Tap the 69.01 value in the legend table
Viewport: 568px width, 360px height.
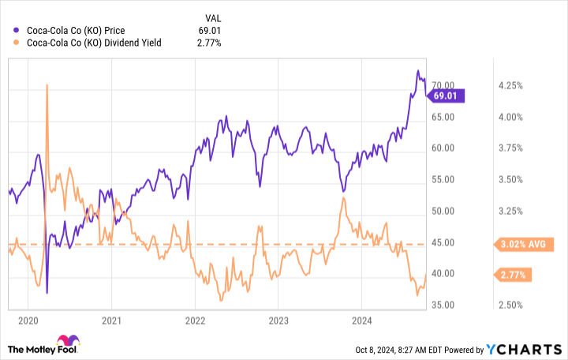pyautogui.click(x=209, y=31)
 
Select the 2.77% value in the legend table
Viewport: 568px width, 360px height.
pyautogui.click(x=210, y=43)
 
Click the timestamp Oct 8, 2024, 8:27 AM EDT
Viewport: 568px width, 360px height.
pyautogui.click(x=402, y=347)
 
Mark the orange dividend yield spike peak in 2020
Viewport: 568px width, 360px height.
pyautogui.click(x=47, y=84)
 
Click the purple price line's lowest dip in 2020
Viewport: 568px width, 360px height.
pyautogui.click(x=47, y=293)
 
